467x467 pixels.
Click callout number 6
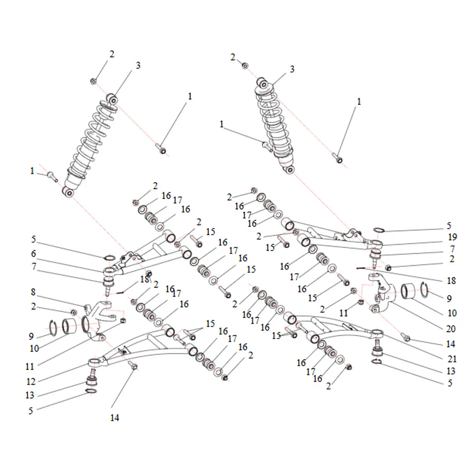coord(33,254)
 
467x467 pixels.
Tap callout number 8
coord(33,292)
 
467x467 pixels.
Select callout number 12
coord(31,382)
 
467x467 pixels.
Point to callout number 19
coord(453,237)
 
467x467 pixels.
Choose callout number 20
coord(451,329)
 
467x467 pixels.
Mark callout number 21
coord(452,359)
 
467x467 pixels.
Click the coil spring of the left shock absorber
coord(91,140)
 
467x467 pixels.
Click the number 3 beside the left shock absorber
coord(138,65)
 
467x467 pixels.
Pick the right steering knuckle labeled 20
coord(381,293)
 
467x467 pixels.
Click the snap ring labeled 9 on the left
coord(53,328)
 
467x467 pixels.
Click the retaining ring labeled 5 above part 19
coord(379,230)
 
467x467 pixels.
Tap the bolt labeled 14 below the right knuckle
coord(406,338)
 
